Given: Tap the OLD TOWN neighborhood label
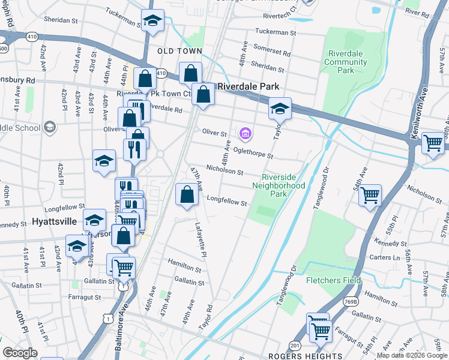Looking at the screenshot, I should coord(179,52).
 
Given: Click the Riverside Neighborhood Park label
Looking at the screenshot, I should coord(283,185).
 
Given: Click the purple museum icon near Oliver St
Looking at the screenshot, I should coord(245,133).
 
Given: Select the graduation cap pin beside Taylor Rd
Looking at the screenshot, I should coord(279,109).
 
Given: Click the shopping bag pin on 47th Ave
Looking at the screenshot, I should coord(187,194).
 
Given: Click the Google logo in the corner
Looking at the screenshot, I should coord(20,352).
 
